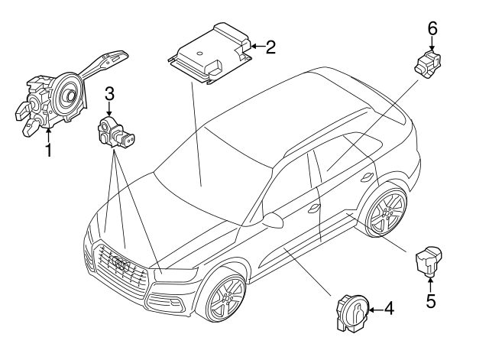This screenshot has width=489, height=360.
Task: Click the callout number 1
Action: [47, 150]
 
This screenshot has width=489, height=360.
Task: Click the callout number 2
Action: [270, 47]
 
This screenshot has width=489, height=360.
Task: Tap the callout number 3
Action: [110, 94]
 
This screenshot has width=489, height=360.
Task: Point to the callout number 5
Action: [431, 301]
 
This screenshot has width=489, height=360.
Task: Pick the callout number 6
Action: [432, 29]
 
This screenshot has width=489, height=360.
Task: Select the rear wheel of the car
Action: [386, 213]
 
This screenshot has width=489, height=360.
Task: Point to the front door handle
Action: [313, 208]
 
